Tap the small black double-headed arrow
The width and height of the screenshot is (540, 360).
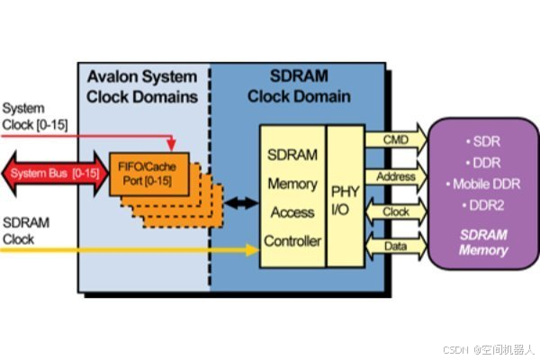coord(235,204)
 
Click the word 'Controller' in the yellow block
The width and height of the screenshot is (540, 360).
coord(292,241)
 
